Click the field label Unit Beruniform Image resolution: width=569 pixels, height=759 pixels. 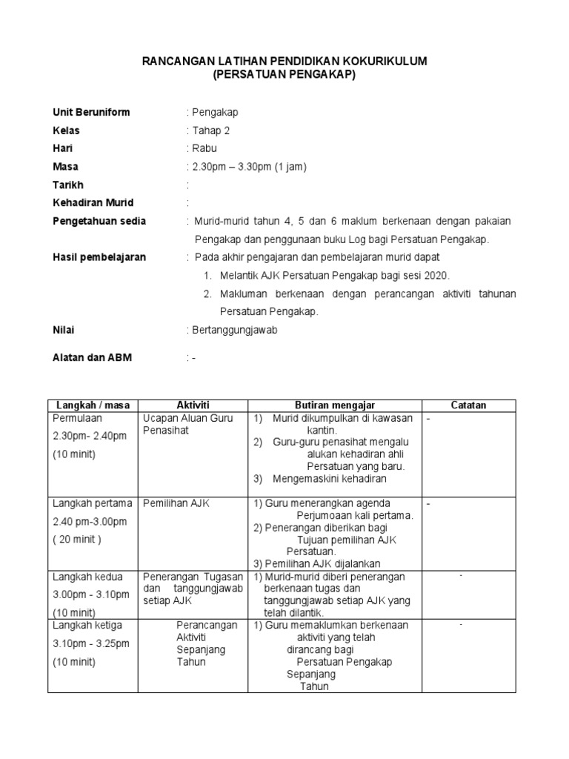pos(91,113)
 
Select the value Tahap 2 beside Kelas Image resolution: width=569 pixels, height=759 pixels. pos(210,130)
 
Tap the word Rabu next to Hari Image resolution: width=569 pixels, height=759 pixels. pos(204,148)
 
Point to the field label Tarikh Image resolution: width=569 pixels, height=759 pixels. pos(68,185)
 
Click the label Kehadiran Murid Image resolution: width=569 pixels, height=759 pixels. pos(93,202)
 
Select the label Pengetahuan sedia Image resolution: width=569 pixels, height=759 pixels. pos(99,221)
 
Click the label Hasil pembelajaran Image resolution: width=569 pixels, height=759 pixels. pos(99,257)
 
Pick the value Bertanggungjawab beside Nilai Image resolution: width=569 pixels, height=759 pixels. pos(234,330)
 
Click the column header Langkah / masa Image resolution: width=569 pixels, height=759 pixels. pos(93,405)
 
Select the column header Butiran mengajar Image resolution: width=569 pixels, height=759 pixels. pos(336,405)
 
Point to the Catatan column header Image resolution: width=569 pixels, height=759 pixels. pos(468,405)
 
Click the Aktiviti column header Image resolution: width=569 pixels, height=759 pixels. pos(193,405)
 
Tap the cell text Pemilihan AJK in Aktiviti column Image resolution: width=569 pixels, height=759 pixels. pos(176,503)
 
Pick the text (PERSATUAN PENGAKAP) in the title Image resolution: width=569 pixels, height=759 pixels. pos(284,75)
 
